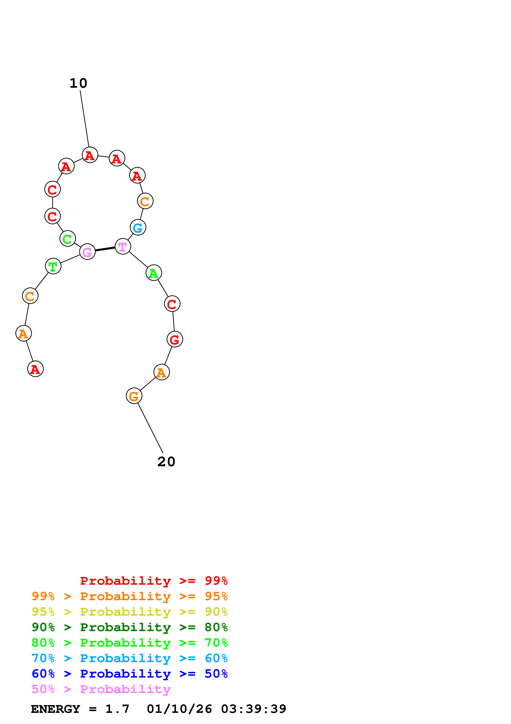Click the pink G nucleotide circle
click(87, 252)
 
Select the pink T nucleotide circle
click(123, 246)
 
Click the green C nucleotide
click(67, 239)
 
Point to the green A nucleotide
click(154, 273)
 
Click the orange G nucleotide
click(134, 396)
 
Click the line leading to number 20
click(150, 427)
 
